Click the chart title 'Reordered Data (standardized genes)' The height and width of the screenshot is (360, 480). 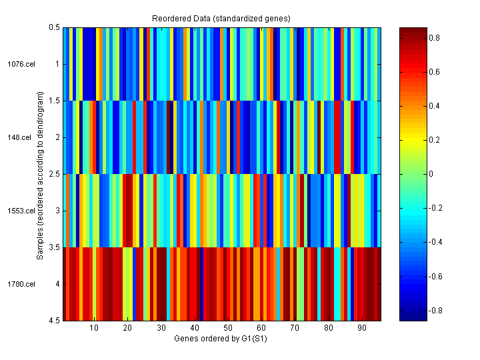222,17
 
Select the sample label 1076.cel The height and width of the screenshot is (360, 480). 21,64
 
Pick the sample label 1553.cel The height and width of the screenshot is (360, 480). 21,211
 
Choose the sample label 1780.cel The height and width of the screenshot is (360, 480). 21,284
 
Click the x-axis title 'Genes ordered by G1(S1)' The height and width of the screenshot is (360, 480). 221,339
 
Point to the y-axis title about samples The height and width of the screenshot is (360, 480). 40,174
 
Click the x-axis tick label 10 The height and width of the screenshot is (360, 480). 94,328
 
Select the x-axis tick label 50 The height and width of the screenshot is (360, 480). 228,328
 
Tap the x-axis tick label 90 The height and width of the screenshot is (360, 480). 362,328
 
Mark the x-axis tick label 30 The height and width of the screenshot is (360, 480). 161,328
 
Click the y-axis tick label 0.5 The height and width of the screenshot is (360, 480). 54,27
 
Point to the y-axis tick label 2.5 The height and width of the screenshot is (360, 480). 54,174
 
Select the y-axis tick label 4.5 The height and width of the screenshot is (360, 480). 54,321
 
